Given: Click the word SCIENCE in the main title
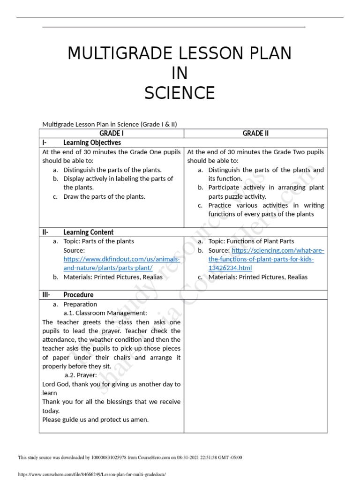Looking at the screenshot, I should click(180, 93).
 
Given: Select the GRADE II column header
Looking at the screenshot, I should click(255, 134).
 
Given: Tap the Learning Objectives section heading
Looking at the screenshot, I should click(92, 142).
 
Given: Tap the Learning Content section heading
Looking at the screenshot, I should click(88, 232).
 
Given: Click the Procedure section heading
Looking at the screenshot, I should click(78, 295).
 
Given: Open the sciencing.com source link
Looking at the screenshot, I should click(266, 259).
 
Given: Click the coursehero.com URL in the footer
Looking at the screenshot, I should click(92, 474).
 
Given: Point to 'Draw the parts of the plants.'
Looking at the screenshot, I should click(104, 196).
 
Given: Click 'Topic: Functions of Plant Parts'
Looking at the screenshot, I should click(251, 241).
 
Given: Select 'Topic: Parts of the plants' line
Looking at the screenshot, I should click(98, 241).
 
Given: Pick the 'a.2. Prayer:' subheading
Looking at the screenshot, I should click(81, 375).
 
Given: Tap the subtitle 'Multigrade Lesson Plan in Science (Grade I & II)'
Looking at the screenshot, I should click(110, 124).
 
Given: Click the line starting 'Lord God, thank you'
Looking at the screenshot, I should click(111, 384).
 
